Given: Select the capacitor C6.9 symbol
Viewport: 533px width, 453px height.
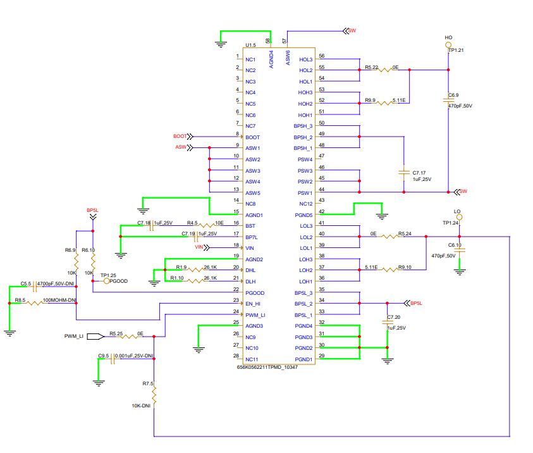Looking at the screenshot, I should click(448, 100).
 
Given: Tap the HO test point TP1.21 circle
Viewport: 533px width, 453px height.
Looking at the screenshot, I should click(448, 46).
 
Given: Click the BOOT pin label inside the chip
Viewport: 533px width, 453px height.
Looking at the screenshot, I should click(252, 137).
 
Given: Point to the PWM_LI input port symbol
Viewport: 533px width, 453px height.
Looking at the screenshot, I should click(96, 337).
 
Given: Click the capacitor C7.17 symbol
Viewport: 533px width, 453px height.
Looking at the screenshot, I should click(403, 171).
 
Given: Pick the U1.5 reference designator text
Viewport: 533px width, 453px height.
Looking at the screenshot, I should click(250, 46).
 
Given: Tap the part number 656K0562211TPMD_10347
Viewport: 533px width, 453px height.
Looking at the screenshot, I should click(267, 367).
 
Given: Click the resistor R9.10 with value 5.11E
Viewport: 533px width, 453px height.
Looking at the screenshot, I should click(386, 270).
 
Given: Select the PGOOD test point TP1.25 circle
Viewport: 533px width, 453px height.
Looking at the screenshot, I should click(106, 281).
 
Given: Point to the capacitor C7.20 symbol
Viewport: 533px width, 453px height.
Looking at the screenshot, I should click(386, 322).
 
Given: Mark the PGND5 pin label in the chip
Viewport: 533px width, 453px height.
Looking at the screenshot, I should click(303, 215).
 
